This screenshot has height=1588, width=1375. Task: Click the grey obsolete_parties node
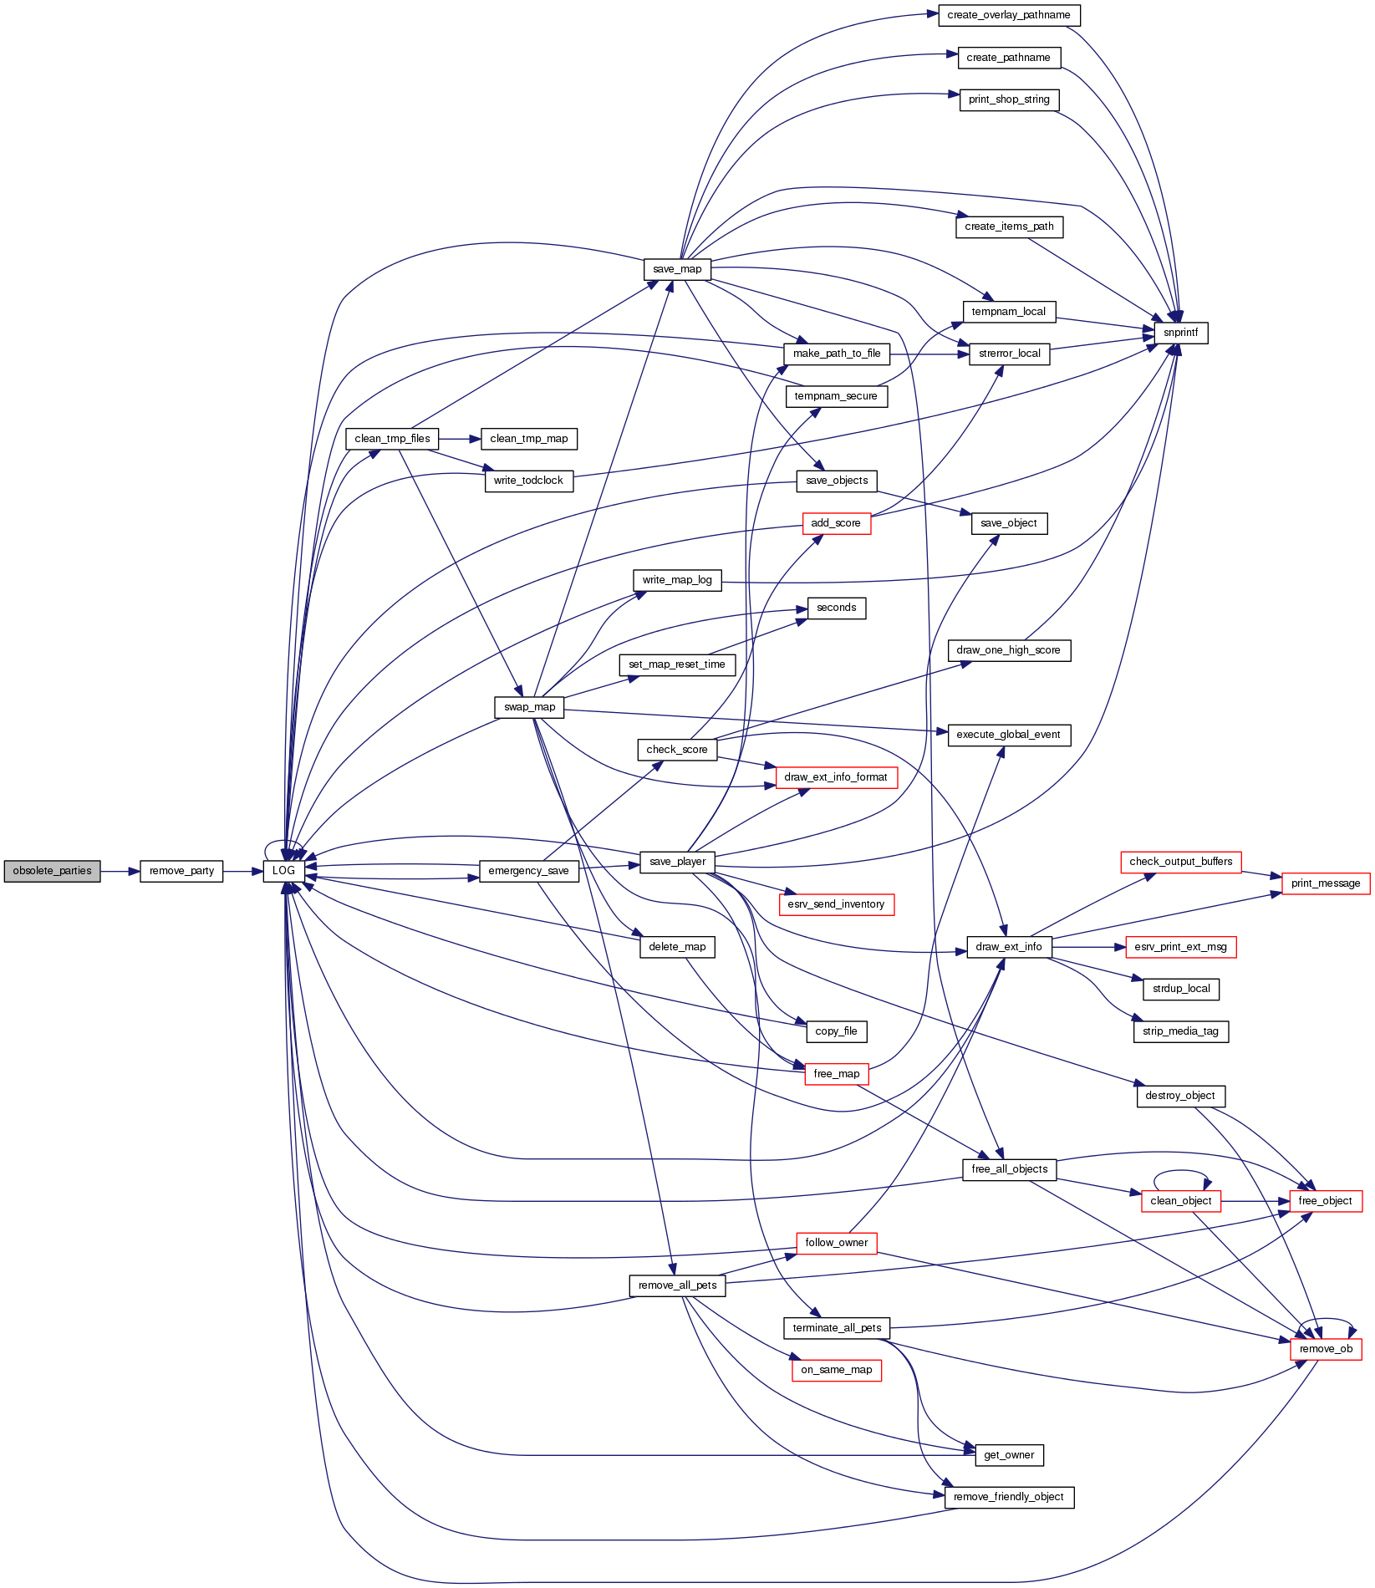coord(52,871)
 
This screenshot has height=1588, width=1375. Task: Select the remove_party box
coord(181,871)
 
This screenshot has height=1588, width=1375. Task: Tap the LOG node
coord(283,871)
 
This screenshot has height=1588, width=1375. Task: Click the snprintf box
coord(1180,333)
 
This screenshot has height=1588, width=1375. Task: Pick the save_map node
coord(677,269)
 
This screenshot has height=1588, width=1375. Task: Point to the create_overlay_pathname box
coord(1009,15)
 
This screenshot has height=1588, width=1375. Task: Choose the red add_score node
coord(836,523)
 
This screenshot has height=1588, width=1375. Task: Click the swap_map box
coord(529,707)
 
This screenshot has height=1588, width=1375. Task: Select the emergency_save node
coord(528,871)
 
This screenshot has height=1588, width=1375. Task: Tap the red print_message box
coord(1326,883)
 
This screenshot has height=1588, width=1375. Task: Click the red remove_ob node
coord(1326,1349)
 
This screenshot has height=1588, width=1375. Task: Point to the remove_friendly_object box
coord(1009,1497)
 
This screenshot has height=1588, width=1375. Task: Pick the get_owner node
coord(1009,1455)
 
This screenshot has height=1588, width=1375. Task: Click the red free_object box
coord(1326,1201)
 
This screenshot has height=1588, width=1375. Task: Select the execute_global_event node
coord(1009,735)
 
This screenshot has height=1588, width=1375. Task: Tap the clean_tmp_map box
coord(529,439)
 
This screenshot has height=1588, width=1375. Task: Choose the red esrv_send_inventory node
coord(836,904)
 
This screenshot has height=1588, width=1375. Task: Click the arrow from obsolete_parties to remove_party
coord(120,871)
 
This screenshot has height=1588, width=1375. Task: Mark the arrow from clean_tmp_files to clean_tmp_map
coord(459,439)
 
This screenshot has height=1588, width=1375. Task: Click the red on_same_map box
coord(836,1370)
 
